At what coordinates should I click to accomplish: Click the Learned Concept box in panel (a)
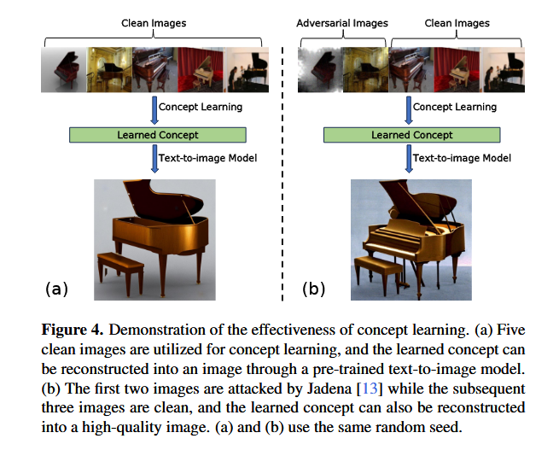click(158, 135)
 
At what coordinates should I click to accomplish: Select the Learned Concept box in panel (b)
click(412, 135)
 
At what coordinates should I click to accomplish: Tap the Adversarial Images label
click(341, 23)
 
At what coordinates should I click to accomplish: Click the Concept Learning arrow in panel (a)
click(154, 108)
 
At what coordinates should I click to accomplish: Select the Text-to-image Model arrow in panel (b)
click(408, 158)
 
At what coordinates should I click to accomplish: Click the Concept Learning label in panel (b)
click(456, 107)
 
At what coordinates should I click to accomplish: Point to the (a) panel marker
click(55, 289)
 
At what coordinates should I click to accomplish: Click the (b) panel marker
click(313, 289)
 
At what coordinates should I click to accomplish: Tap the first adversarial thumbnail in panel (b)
click(319, 70)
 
